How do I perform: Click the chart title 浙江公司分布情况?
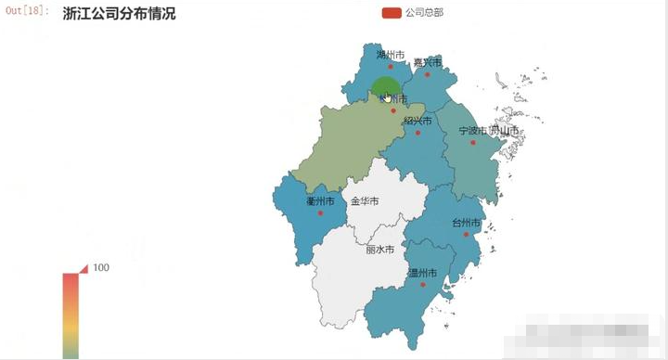coord(119,15)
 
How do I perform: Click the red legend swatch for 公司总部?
coord(391,14)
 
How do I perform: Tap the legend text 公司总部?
coord(424,14)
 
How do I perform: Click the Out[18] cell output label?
coord(26,11)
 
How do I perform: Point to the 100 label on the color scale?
coord(101,268)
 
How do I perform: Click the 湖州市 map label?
coord(391,55)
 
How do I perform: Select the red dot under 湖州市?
coord(391,67)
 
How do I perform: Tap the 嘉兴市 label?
coord(428,62)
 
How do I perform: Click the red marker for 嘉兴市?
coord(428,74)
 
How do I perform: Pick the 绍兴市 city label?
coord(417,121)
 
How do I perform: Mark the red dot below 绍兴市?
coord(417,133)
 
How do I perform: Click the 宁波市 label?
coord(472,131)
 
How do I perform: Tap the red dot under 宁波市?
coord(472,143)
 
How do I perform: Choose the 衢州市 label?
coord(320,201)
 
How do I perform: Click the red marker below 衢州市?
coord(320,213)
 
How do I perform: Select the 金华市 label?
coord(365,201)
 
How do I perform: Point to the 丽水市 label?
coord(379,250)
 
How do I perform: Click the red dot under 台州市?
coord(466,235)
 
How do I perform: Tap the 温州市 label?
coord(422,273)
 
